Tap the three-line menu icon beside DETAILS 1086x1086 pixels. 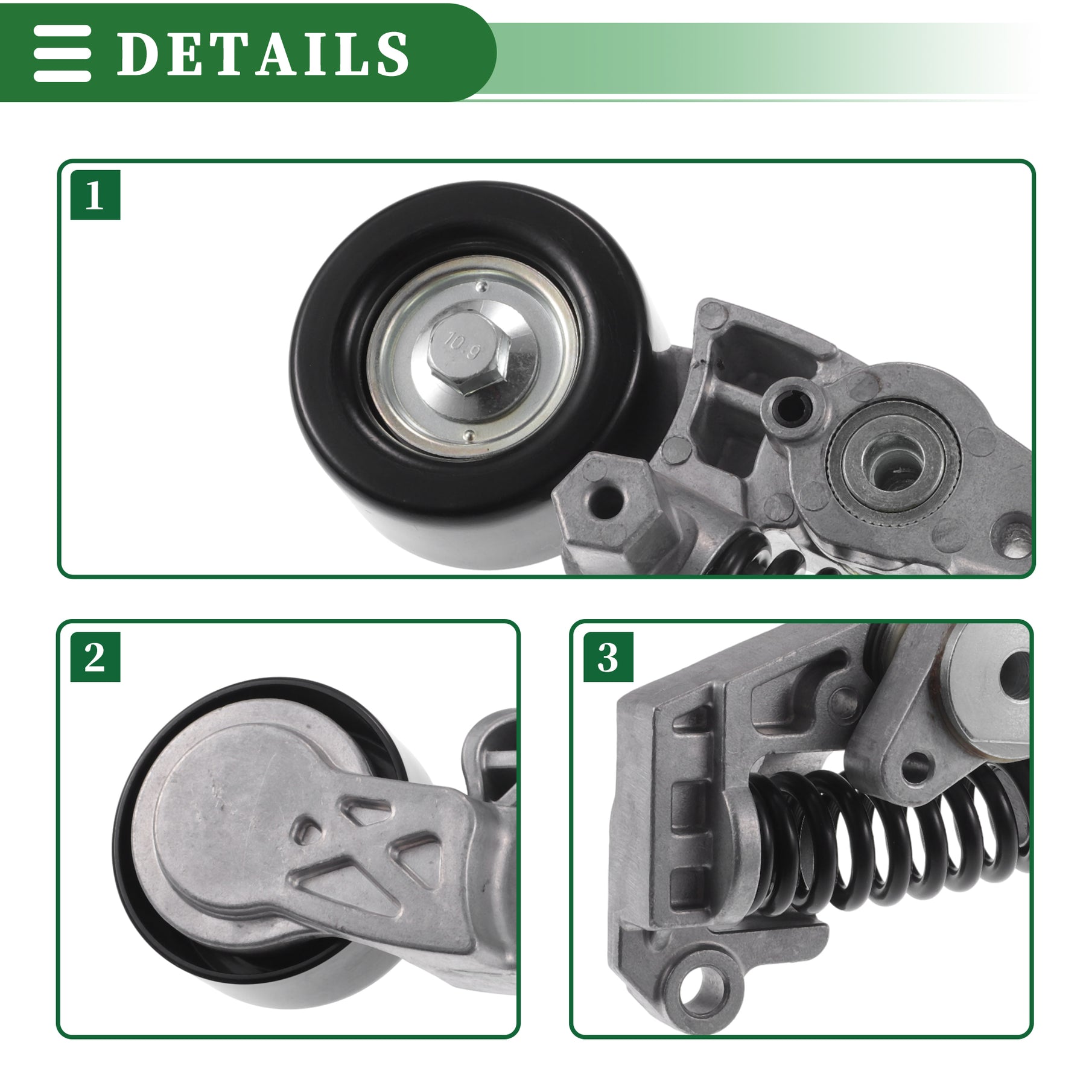click(62, 53)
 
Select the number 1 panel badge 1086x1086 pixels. click(95, 195)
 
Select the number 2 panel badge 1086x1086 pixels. click(95, 657)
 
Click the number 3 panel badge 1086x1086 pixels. click(608, 657)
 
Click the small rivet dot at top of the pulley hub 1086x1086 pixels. click(481, 283)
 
